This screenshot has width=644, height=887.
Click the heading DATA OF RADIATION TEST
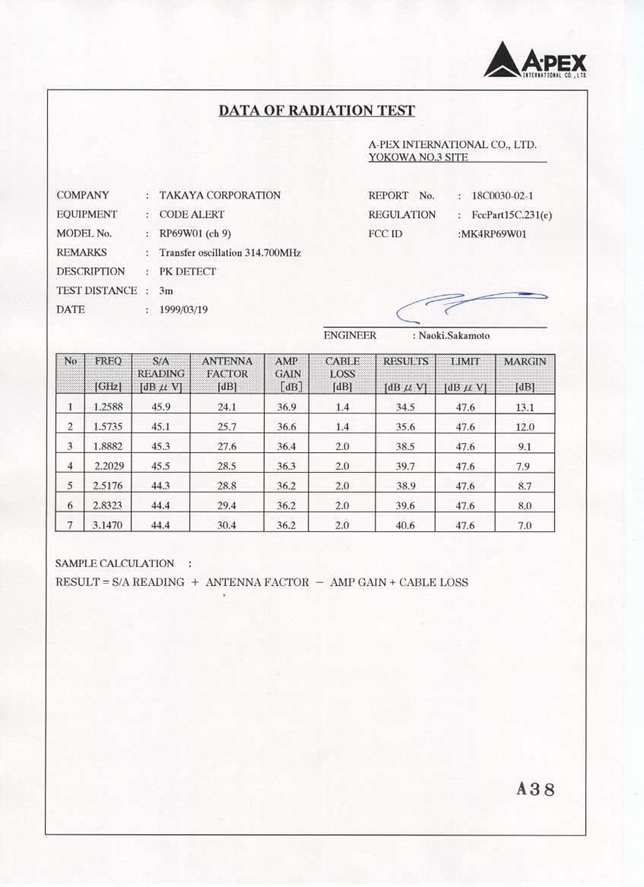317,111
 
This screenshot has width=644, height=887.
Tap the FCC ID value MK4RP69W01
492,233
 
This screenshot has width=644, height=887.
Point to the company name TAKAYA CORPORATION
220,195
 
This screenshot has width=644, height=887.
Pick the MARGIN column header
525,361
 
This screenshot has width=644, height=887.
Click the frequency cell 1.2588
107,407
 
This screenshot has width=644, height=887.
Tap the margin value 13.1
525,407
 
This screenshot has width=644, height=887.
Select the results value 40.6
405,524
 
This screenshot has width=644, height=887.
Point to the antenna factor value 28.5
227,466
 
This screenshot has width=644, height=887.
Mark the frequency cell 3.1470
107,524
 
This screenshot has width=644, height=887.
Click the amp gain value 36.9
287,407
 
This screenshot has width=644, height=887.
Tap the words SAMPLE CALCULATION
115,563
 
